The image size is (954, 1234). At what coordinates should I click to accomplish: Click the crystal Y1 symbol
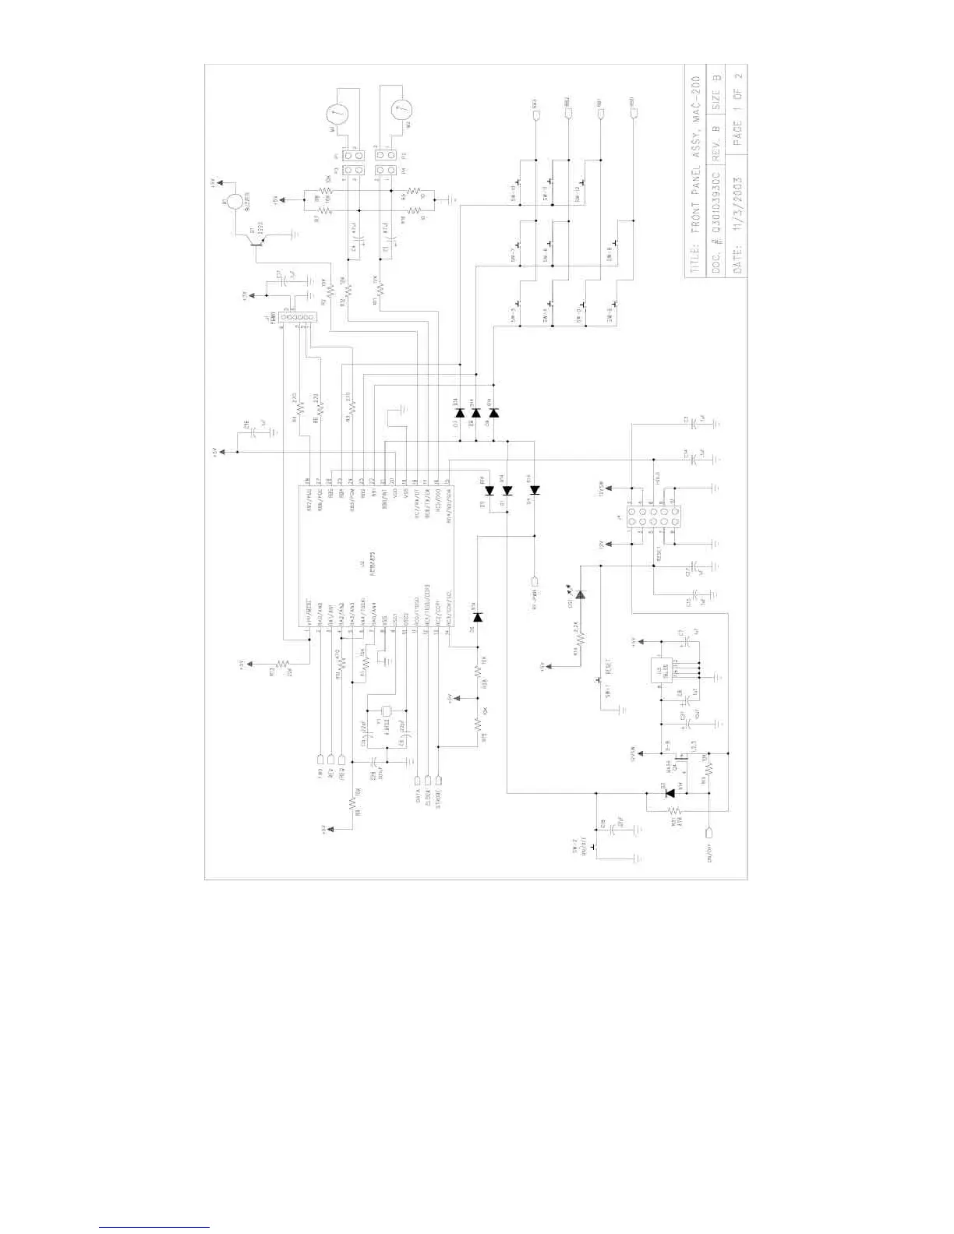386,710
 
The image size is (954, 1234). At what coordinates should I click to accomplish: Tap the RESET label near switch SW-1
609,668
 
